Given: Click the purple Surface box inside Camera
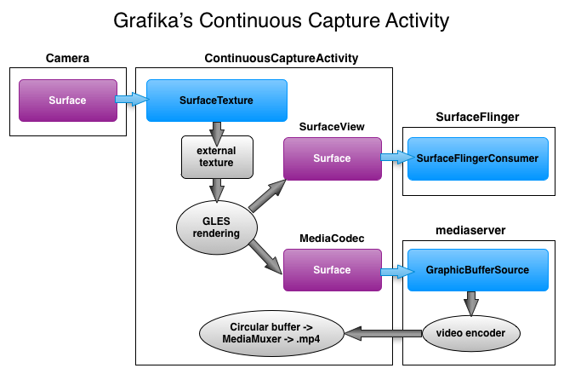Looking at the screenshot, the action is (68, 101).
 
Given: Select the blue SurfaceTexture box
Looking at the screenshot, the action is (217, 101).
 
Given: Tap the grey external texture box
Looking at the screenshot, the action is (217, 157).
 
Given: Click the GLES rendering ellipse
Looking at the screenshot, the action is (217, 227).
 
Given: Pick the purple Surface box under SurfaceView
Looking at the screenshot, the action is (333, 158).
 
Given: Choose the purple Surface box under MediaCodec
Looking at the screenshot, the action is (333, 270).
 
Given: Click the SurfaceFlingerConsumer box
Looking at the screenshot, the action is (478, 158).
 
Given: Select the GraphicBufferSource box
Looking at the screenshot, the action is (478, 270).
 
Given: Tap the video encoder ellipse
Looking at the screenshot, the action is (470, 333).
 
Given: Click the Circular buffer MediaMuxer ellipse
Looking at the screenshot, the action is (271, 333).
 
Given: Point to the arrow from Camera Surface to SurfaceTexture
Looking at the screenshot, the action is (132, 99).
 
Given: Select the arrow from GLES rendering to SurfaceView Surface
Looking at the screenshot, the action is (267, 196).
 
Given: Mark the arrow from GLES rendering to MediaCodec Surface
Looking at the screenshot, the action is (265, 257).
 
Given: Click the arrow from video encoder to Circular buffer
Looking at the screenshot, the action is (384, 333).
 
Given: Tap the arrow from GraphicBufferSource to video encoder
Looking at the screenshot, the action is (471, 303).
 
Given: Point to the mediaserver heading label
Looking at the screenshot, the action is (470, 230).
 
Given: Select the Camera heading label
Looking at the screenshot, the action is (67, 58).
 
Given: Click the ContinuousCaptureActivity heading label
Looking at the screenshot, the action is (282, 58).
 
